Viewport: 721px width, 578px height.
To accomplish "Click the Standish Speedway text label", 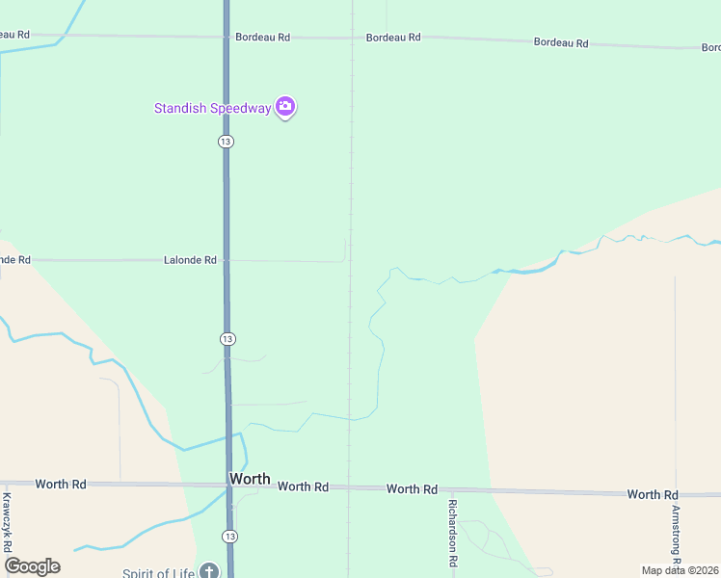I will click(213, 108).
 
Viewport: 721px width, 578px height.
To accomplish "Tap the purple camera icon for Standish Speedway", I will click(285, 106).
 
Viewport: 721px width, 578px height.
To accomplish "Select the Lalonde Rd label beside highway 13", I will click(190, 260).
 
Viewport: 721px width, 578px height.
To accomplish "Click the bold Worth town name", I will click(250, 479).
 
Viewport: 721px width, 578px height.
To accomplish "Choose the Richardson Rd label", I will click(452, 531).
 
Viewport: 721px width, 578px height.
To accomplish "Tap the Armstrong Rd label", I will click(677, 534).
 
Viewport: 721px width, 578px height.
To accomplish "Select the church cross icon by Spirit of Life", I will click(209, 571).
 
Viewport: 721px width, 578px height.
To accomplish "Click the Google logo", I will click(32, 566).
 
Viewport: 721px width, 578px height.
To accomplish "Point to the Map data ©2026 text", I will click(680, 570).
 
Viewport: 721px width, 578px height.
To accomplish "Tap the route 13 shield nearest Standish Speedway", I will click(226, 142).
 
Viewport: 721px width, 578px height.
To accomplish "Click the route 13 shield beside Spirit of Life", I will click(228, 536).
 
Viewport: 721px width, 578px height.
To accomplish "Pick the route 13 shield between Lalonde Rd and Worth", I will click(227, 339).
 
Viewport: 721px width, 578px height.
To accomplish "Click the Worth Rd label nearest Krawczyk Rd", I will click(61, 484).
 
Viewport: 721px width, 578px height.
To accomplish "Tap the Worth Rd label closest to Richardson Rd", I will click(413, 489).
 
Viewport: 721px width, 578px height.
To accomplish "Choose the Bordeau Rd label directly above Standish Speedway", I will click(262, 38).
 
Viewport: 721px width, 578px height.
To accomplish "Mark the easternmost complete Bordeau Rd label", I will click(561, 42).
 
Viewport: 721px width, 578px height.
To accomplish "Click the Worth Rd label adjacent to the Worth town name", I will click(304, 486).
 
